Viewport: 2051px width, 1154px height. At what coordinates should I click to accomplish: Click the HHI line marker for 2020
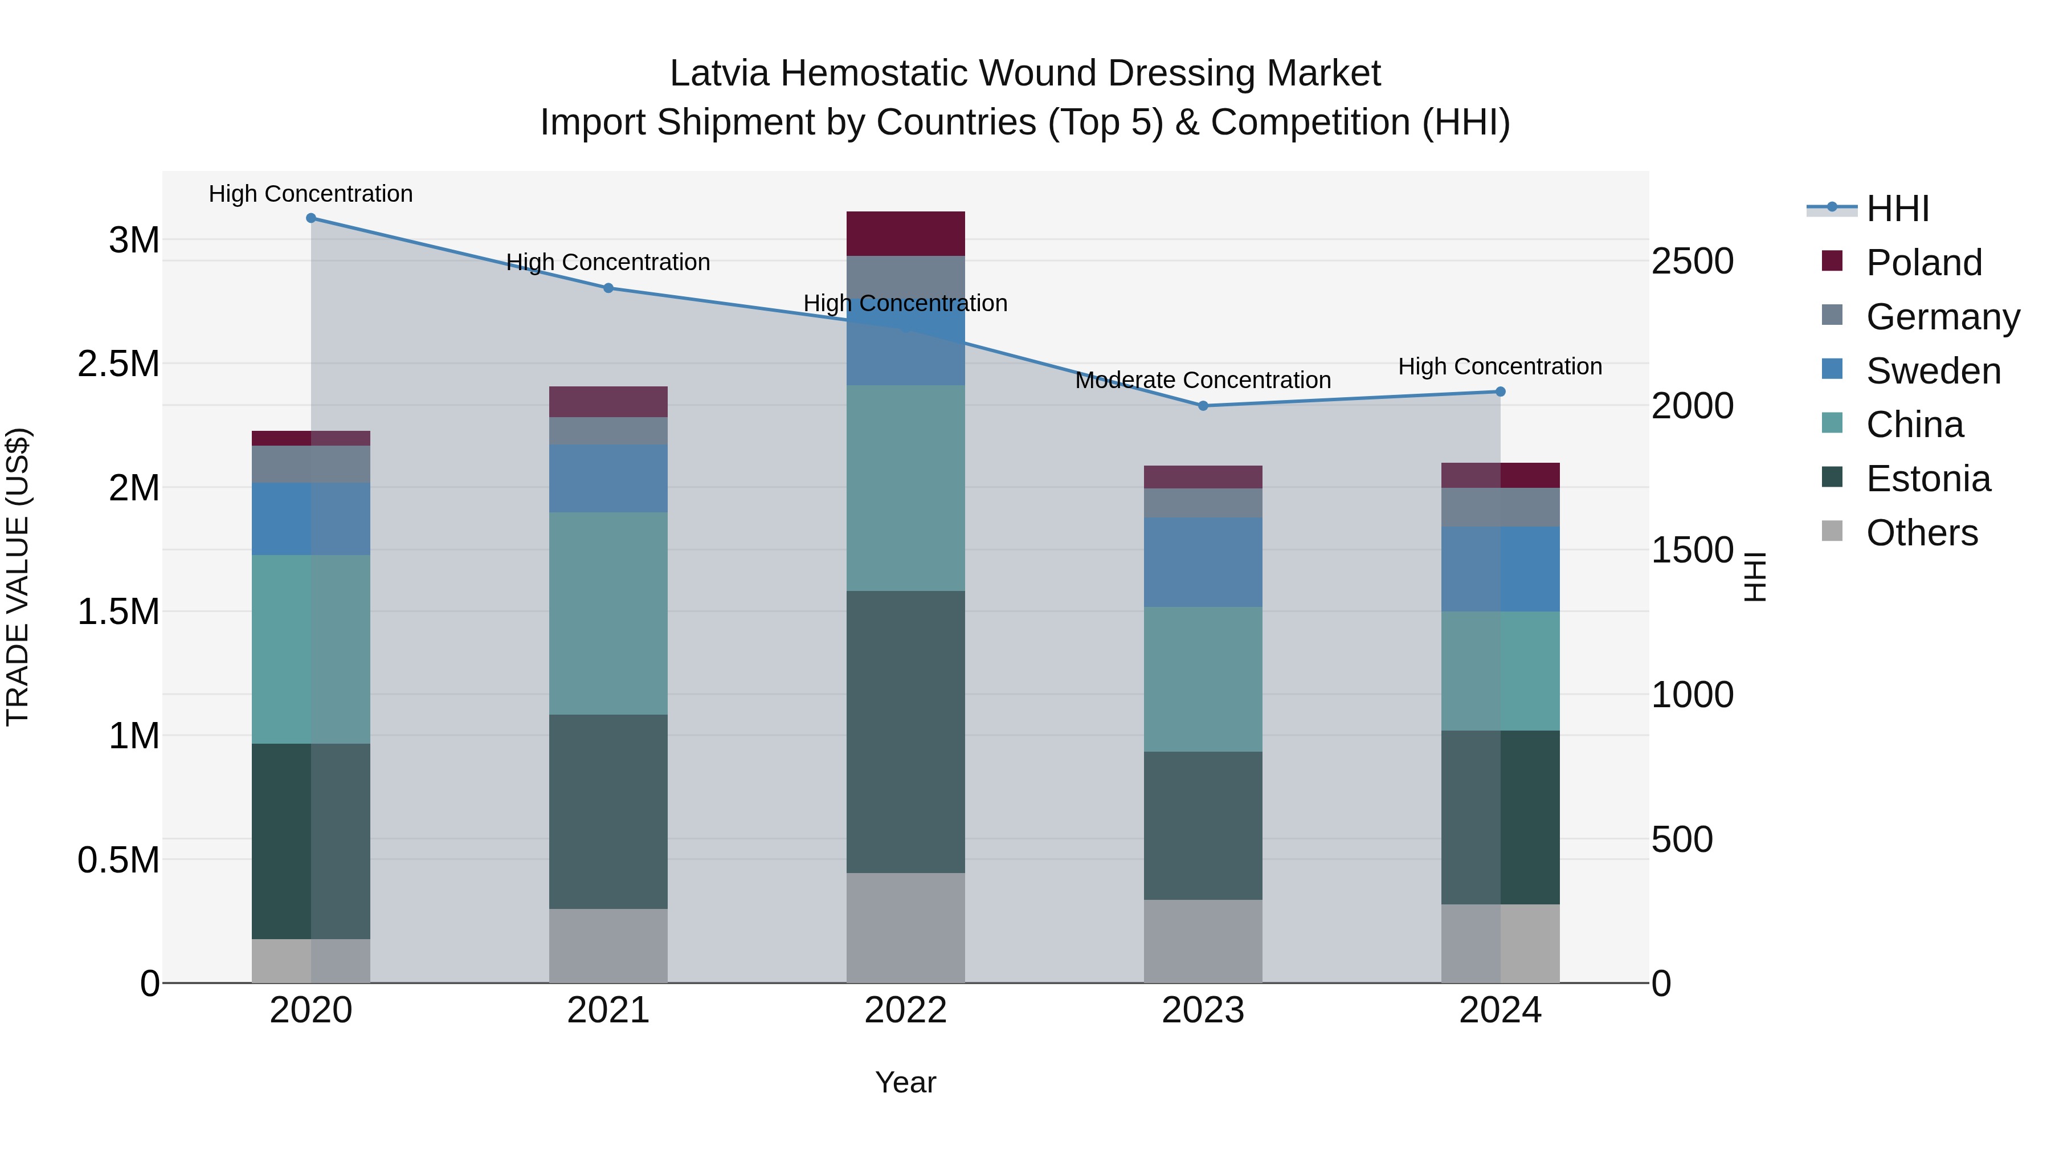point(310,218)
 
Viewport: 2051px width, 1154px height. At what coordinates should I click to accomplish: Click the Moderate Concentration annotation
point(1202,381)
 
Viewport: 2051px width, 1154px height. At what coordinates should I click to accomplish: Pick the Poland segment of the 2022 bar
point(905,233)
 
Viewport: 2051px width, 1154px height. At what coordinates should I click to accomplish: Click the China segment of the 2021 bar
point(608,613)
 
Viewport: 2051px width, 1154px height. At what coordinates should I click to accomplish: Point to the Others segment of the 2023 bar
point(1203,941)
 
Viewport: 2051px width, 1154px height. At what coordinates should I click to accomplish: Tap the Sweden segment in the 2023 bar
point(1203,562)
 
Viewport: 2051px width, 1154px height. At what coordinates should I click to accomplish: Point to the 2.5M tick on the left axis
point(119,364)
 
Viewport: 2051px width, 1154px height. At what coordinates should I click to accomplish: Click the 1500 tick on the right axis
point(1692,551)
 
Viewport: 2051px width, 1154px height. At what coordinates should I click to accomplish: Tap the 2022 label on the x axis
point(905,1010)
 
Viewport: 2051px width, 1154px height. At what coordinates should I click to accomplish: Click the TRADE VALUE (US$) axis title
point(18,577)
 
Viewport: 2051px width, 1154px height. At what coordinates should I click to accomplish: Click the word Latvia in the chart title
point(719,74)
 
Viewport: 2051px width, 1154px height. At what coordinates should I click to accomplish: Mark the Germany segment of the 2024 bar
point(1500,507)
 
